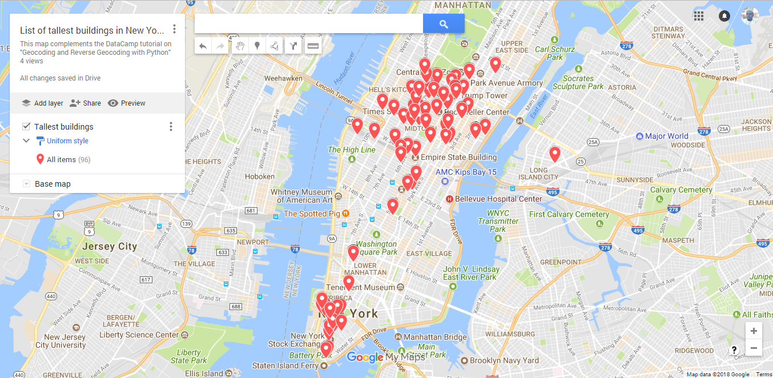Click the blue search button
444,23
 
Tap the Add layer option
42,103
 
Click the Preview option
127,103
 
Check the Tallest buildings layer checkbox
26,127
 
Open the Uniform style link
67,141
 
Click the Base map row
53,184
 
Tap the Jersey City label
110,247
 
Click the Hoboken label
260,176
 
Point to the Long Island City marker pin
554,153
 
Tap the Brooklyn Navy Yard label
504,360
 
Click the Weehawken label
283,78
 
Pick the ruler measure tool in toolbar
312,46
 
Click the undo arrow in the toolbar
203,46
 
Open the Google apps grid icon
699,15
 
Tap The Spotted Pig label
312,214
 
